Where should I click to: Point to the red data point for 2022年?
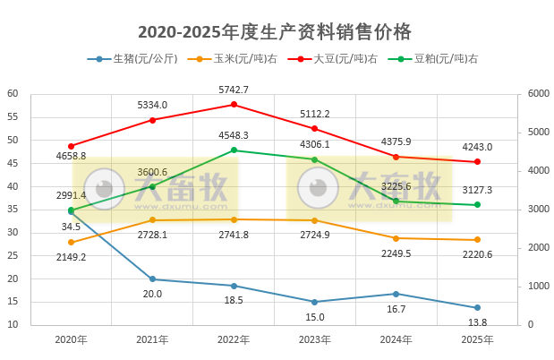tap(234, 105)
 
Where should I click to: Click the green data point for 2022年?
tap(234, 150)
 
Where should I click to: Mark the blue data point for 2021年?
tap(152, 279)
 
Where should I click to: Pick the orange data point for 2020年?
tap(71, 242)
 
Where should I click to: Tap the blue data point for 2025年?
tap(477, 308)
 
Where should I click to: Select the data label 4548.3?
tap(234, 135)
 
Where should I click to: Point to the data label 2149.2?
tap(71, 257)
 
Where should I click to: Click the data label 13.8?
tap(477, 322)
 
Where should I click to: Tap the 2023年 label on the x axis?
tap(315, 340)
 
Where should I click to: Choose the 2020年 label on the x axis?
tap(71, 340)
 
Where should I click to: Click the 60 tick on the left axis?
tap(13, 94)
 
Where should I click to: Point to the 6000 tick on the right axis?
tap(538, 94)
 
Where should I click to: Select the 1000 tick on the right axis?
tap(538, 287)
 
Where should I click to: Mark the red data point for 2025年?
tap(477, 162)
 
